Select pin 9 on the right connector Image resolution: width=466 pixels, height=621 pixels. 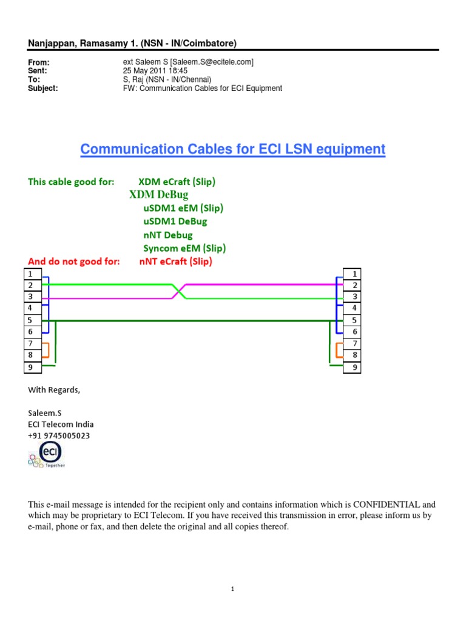352,367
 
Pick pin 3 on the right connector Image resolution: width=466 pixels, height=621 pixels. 352,297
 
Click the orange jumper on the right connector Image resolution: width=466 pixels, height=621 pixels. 338,350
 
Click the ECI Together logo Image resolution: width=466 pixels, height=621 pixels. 46,455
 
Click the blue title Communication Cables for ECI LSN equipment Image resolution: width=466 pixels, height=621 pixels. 233,149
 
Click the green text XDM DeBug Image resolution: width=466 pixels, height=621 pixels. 159,195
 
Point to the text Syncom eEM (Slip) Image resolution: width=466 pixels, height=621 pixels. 184,248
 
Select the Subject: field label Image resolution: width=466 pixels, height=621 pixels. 43,88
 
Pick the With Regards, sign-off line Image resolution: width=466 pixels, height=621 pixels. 54,390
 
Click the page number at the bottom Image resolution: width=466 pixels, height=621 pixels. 232,589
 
